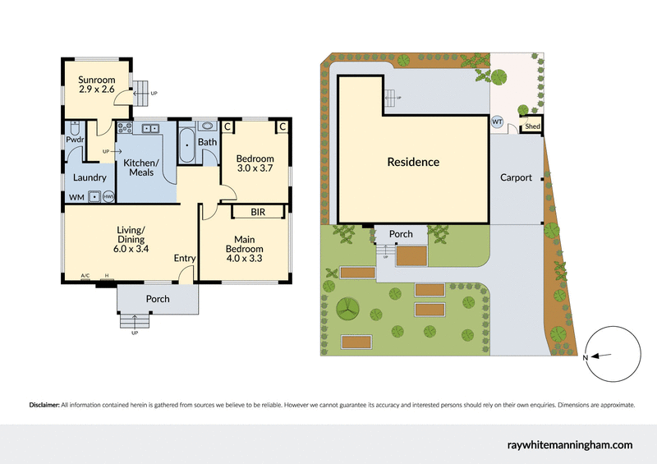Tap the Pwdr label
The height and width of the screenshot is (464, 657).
coord(76,152)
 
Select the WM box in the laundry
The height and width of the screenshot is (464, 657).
coord(76,197)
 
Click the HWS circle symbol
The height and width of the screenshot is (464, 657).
coord(107,197)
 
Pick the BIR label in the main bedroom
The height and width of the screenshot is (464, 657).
coord(257,212)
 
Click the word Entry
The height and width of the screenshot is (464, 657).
coord(185,259)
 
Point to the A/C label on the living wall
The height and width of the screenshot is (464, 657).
coord(85,276)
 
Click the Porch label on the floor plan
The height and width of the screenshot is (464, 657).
coord(158,299)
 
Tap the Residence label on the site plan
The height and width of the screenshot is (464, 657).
coord(413,162)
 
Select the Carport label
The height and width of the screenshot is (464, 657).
coord(516,177)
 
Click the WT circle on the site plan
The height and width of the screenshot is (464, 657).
coord(497,122)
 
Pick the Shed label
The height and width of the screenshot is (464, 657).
coord(532,126)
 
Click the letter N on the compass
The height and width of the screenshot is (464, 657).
coord(586,358)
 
